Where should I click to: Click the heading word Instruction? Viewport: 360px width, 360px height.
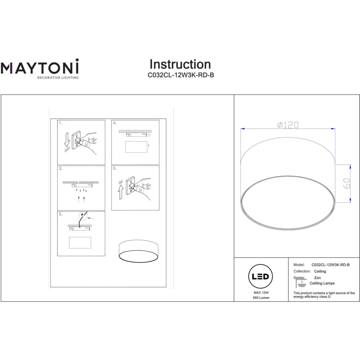pyautogui.click(x=180, y=64)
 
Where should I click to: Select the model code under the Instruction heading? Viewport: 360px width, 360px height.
pyautogui.click(x=181, y=75)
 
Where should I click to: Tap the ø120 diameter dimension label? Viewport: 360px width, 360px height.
pyautogui.click(x=288, y=125)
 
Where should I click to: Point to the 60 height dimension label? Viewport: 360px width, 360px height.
pyautogui.click(x=347, y=183)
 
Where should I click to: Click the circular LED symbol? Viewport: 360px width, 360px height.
pyautogui.click(x=260, y=276)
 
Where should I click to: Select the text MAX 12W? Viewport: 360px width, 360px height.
pyautogui.click(x=261, y=292)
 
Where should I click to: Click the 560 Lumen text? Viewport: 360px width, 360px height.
pyautogui.click(x=261, y=298)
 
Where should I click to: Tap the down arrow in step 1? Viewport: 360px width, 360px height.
pyautogui.click(x=67, y=140)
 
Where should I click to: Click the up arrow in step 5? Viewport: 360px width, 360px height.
pyautogui.click(x=121, y=192)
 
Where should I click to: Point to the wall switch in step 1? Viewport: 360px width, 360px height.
pyautogui.click(x=76, y=140)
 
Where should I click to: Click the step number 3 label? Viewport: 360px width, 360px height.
pyautogui.click(x=60, y=214)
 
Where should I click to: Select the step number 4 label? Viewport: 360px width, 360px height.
pyautogui.click(x=115, y=123)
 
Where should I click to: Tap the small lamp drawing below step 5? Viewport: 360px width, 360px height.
pyautogui.click(x=139, y=251)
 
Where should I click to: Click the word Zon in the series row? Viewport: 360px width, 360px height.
pyautogui.click(x=317, y=278)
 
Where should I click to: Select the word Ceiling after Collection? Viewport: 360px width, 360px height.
pyautogui.click(x=320, y=271)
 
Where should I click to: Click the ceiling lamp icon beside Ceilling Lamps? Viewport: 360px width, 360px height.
pyautogui.click(x=301, y=283)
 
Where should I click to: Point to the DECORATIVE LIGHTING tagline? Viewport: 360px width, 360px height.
pyautogui.click(x=58, y=78)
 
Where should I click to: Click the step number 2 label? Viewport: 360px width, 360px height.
pyautogui.click(x=60, y=168)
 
